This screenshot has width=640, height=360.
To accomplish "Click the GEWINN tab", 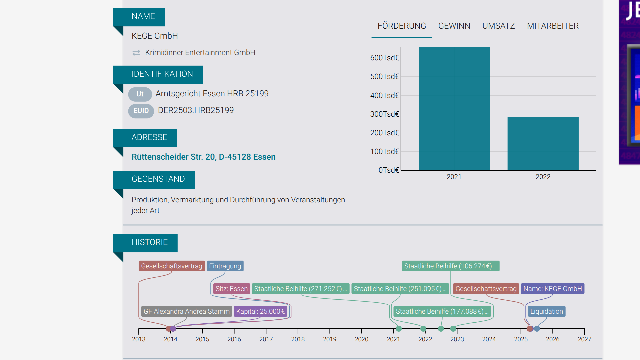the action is click(454, 26).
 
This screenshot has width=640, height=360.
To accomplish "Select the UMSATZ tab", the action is click(498, 26).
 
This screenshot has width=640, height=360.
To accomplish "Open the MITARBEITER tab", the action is click(553, 26).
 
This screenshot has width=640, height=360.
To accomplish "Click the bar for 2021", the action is click(454, 109).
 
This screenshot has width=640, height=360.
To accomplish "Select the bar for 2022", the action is click(543, 144).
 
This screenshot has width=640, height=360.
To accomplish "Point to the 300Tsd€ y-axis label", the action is click(384, 114).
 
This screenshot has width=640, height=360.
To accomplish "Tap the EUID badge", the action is click(141, 111).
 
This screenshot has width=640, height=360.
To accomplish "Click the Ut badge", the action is click(140, 94).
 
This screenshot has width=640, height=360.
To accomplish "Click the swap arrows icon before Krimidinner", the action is click(136, 53).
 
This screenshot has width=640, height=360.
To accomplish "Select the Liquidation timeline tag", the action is click(547, 311).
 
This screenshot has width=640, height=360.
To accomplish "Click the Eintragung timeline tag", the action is click(225, 266).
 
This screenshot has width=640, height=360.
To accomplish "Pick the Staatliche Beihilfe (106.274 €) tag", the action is click(451, 266).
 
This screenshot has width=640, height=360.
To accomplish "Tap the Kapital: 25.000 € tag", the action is click(260, 311).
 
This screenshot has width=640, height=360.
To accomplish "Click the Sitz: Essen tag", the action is click(232, 289).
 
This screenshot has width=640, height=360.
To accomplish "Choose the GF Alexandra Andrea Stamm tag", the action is click(187, 311).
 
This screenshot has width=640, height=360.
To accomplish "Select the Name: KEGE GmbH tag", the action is click(553, 289).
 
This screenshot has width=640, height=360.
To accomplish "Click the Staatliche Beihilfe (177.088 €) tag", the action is click(442, 311).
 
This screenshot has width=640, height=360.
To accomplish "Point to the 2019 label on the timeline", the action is click(330, 339).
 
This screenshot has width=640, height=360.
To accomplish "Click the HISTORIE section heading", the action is click(150, 242).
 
